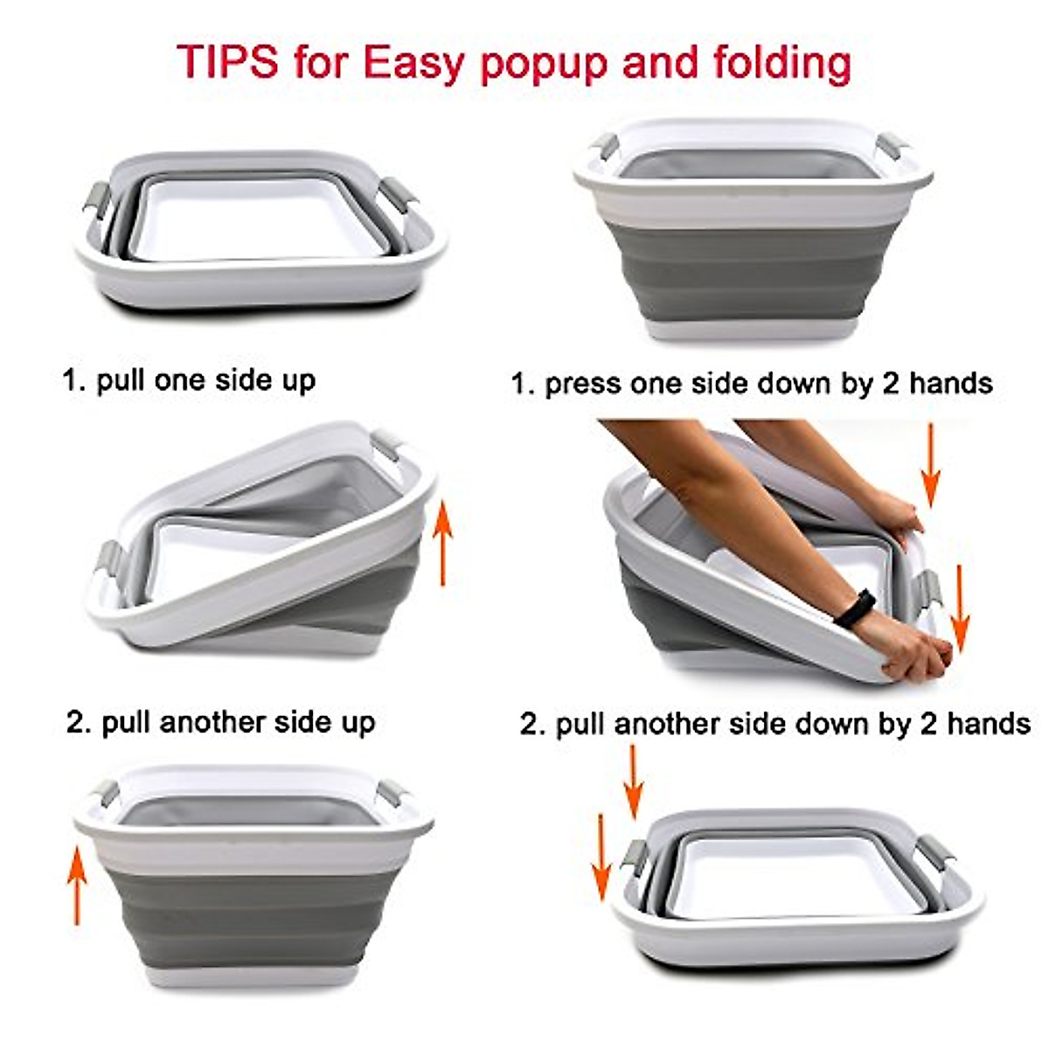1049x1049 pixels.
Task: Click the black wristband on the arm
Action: coord(854,608)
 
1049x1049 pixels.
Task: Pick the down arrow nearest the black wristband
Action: coord(960,608)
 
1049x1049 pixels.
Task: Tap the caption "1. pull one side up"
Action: coord(188,380)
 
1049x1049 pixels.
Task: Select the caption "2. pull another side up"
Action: coord(220,722)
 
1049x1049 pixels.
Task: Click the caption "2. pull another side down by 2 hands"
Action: coord(775,725)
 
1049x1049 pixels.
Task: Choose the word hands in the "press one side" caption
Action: coord(949,383)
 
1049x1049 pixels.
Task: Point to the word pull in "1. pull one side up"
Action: coord(120,381)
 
